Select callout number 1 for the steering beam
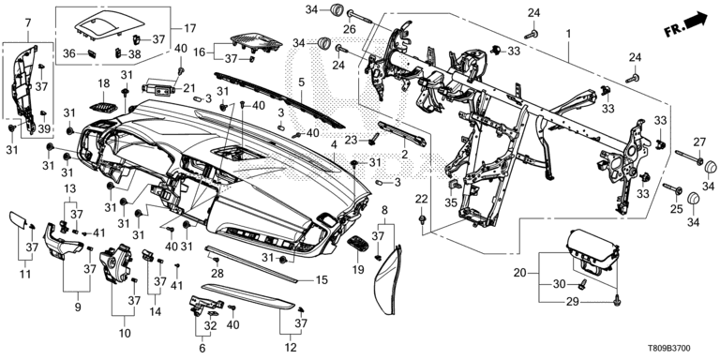point(568,34)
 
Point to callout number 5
point(301,82)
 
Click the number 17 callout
point(189,28)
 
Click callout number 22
point(421,199)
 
